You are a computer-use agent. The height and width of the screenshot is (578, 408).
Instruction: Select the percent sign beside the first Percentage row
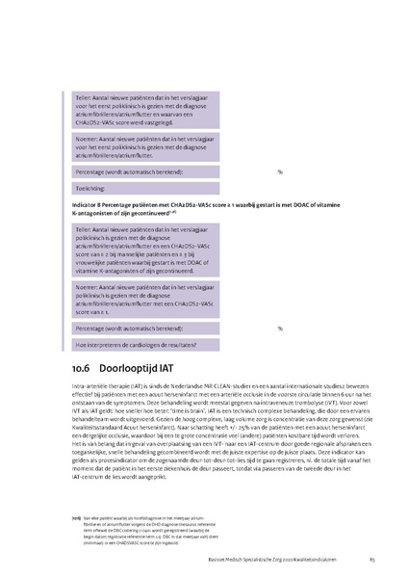point(280,171)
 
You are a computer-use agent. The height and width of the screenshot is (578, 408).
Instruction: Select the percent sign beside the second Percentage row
point(280,328)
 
